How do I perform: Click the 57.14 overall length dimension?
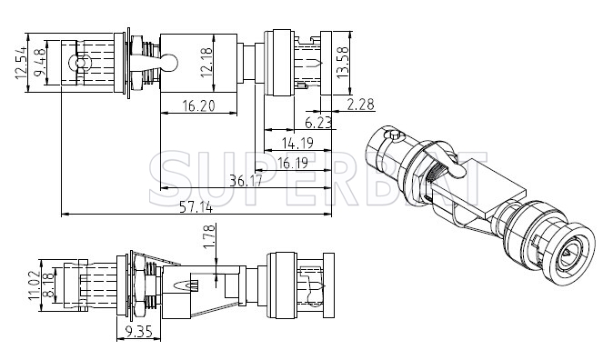pos(196,207)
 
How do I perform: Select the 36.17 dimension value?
pos(246,180)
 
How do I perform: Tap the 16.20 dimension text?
pos(199,105)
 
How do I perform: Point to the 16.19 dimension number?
pos(293,164)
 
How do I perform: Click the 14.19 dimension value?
pos(297,144)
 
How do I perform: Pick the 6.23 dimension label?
pos(318,123)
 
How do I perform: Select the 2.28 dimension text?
pos(361,105)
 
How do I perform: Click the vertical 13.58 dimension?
pos(342,63)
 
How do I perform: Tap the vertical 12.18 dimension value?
pos(206,63)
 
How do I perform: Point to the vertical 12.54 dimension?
pos(21,63)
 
